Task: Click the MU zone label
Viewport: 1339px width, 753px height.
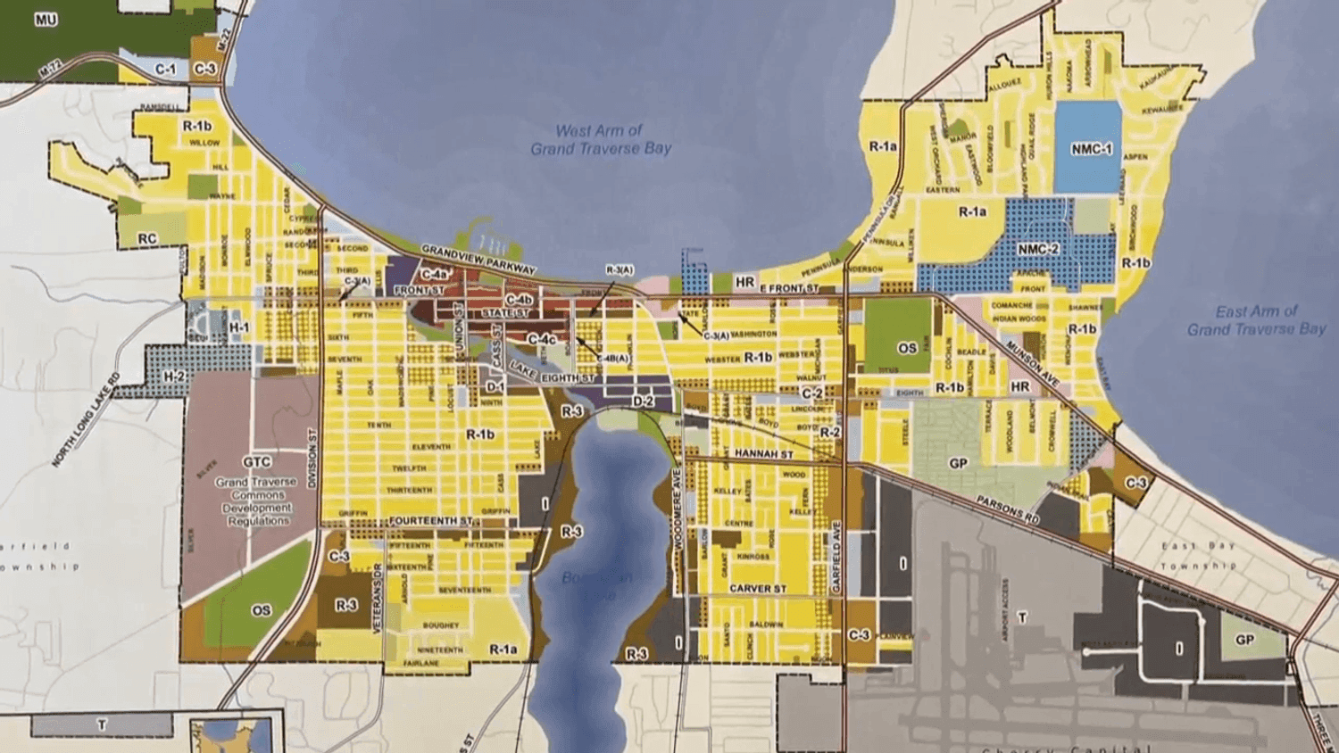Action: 46,20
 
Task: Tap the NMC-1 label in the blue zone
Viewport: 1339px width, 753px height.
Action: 1091,149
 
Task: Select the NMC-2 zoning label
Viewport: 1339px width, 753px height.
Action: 1038,250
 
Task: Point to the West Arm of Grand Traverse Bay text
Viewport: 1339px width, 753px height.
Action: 600,140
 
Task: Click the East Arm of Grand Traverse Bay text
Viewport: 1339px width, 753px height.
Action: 1256,320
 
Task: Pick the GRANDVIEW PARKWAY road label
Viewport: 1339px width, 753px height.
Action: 478,259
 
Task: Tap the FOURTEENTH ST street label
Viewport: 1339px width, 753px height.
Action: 430,521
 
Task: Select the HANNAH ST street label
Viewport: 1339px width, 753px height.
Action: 763,454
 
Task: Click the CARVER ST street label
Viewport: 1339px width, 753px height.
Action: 757,589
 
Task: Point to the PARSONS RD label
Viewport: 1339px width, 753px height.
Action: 1007,509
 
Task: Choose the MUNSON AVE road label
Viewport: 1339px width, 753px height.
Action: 1033,364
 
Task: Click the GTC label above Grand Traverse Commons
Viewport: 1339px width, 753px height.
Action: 256,462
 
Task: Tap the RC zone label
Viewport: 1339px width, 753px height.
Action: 146,239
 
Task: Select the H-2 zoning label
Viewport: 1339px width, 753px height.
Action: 174,376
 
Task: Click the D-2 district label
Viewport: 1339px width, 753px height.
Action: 643,401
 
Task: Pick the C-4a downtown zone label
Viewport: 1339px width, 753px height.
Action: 434,275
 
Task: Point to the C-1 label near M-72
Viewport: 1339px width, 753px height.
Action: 166,69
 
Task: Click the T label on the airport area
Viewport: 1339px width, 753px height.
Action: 1022,616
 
